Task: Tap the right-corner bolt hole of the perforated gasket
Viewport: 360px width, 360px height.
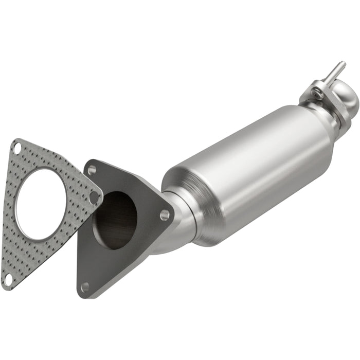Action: pos(94,196)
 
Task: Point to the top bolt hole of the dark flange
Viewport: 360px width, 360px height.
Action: pos(92,169)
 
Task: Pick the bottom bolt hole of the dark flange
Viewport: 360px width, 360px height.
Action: pos(85,286)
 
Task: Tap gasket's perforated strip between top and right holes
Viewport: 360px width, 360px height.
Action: pos(57,167)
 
